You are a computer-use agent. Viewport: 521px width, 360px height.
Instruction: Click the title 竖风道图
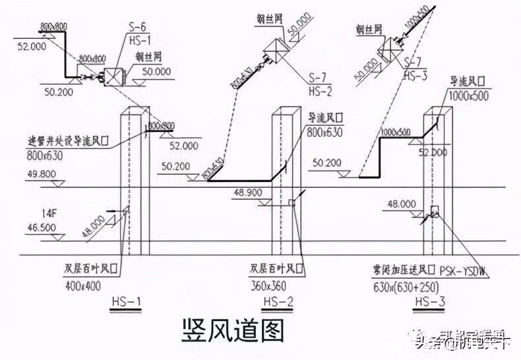[x=231, y=329]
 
